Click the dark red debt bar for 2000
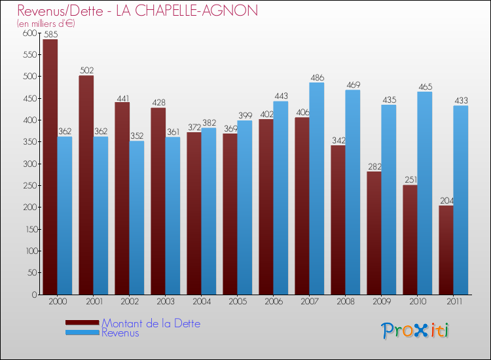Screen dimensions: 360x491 click(x=50, y=167)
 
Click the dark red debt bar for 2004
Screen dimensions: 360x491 click(x=194, y=213)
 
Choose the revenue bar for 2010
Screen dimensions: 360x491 click(x=425, y=193)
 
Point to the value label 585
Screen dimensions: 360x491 click(x=50, y=34)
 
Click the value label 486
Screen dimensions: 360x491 click(x=317, y=77)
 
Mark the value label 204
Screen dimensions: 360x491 click(x=446, y=200)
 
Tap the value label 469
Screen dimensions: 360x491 click(x=353, y=85)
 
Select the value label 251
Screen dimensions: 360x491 click(x=410, y=180)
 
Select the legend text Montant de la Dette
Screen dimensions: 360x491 click(x=151, y=323)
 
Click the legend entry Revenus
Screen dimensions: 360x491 click(x=120, y=333)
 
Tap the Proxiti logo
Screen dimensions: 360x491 click(x=416, y=331)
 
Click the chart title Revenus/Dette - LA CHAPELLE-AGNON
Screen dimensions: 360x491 click(x=137, y=10)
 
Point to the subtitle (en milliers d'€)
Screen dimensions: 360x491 click(x=46, y=24)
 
